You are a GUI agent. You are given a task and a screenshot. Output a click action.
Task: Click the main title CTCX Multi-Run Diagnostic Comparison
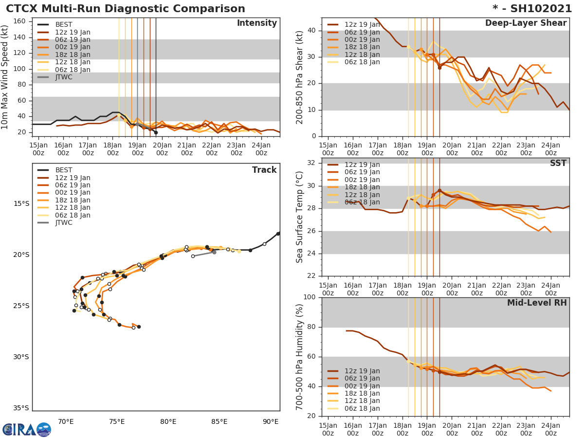(x=126, y=9)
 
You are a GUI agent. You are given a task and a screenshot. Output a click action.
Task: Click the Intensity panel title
(x=256, y=23)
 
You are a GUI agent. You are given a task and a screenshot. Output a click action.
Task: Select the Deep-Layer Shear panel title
(x=526, y=23)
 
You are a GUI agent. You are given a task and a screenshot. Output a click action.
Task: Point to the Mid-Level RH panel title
(x=537, y=303)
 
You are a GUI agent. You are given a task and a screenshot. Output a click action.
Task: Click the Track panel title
(x=264, y=170)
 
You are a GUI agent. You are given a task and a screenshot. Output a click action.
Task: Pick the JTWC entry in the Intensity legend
(x=64, y=77)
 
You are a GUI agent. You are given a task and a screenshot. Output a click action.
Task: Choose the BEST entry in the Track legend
(x=64, y=170)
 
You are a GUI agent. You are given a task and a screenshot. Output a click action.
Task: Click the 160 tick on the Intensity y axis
(x=21, y=21)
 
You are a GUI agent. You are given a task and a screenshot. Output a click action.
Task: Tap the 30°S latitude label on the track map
(x=21, y=357)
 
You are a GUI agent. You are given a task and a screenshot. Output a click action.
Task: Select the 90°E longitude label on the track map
(x=271, y=421)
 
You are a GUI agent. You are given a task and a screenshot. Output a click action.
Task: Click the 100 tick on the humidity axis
(x=310, y=297)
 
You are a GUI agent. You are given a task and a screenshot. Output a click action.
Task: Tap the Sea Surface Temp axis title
(x=300, y=218)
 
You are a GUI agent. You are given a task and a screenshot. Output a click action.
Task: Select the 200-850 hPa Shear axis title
(x=300, y=76)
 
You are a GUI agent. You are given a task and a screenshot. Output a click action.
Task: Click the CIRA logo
(x=26, y=429)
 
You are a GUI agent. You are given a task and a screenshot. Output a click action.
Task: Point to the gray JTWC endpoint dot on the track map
(x=214, y=252)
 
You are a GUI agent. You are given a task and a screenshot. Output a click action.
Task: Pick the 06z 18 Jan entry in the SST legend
(x=362, y=202)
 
